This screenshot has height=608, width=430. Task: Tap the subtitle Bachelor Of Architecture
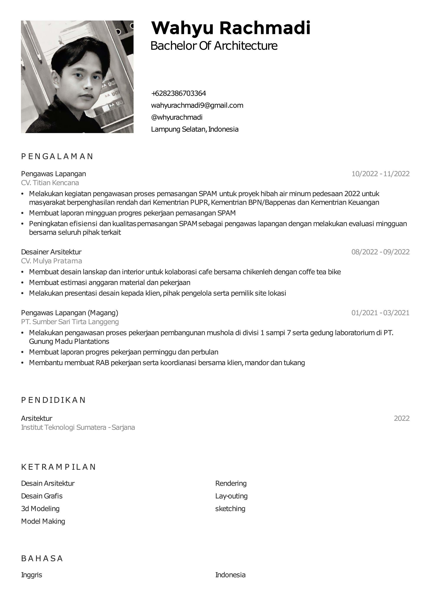point(214,46)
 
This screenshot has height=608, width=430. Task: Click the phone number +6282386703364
point(178,93)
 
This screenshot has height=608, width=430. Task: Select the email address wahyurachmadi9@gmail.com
point(197,105)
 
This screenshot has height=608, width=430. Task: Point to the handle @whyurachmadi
point(176,117)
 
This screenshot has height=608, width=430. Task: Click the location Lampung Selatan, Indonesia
point(194,129)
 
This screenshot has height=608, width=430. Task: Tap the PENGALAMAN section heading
point(57,156)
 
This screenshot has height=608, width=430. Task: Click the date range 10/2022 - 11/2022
point(380,174)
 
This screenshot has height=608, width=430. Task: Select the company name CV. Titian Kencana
point(50,183)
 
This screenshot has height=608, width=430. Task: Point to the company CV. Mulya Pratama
point(51,261)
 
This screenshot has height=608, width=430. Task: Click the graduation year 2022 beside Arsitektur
point(401,418)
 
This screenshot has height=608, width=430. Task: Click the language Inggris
point(31,575)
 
